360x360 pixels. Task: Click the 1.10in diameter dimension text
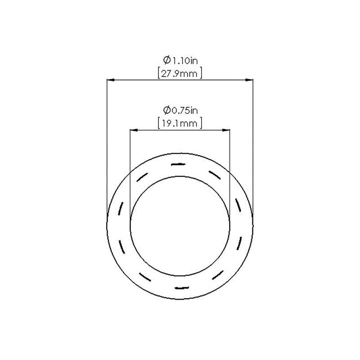coord(180,60)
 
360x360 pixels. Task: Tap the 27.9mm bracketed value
coord(180,73)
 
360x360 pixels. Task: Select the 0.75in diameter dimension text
coord(180,110)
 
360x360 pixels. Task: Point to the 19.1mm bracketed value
coord(180,123)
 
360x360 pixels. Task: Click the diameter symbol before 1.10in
coord(166,60)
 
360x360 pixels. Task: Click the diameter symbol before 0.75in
coord(166,110)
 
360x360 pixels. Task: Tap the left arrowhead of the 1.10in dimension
coord(111,80)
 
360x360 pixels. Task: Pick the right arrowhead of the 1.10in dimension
coord(249,80)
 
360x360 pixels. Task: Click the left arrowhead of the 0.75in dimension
coord(134,130)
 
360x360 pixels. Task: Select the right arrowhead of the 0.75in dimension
coord(226,130)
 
